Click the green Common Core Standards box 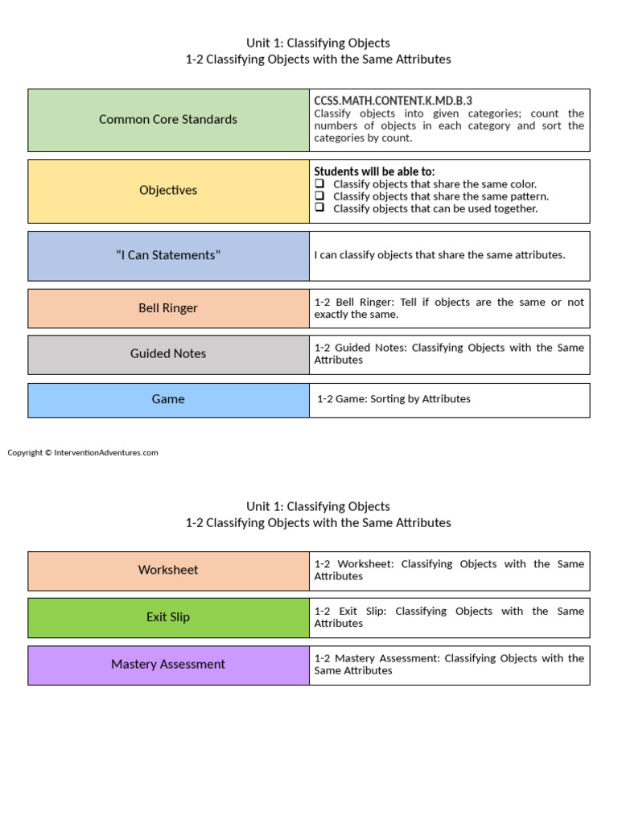pyautogui.click(x=168, y=120)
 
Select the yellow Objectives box pyautogui.click(x=168, y=191)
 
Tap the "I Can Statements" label pyautogui.click(x=168, y=255)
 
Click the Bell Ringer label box pyautogui.click(x=168, y=308)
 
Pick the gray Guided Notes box pyautogui.click(x=168, y=354)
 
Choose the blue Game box pyautogui.click(x=168, y=400)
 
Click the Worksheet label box pyautogui.click(x=168, y=571)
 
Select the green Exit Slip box pyautogui.click(x=168, y=617)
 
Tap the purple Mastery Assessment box pyautogui.click(x=168, y=665)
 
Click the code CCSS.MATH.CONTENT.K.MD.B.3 pyautogui.click(x=393, y=101)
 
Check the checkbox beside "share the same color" pyautogui.click(x=319, y=183)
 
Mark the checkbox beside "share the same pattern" pyautogui.click(x=319, y=196)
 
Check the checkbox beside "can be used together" pyautogui.click(x=319, y=208)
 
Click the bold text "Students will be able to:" pyautogui.click(x=373, y=171)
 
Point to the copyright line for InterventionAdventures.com pyautogui.click(x=83, y=453)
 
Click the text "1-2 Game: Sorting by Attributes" pyautogui.click(x=393, y=399)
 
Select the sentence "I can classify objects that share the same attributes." pyautogui.click(x=439, y=255)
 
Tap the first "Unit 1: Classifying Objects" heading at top pyautogui.click(x=318, y=43)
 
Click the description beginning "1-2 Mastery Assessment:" pyautogui.click(x=449, y=664)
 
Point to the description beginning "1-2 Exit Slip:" pyautogui.click(x=449, y=617)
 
